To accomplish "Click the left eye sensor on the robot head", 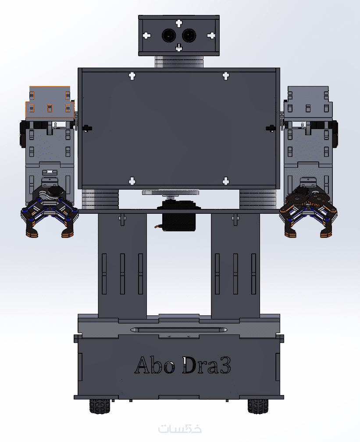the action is pyautogui.click(x=169, y=36).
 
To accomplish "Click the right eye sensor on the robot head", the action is pyautogui.click(x=189, y=36).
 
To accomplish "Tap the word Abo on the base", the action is pyautogui.click(x=155, y=365).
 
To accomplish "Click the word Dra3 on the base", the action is pyautogui.click(x=207, y=365).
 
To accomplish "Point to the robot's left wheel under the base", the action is pyautogui.click(x=100, y=406).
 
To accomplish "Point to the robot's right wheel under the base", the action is pyautogui.click(x=258, y=406).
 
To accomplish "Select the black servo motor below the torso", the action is pyautogui.click(x=179, y=216).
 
